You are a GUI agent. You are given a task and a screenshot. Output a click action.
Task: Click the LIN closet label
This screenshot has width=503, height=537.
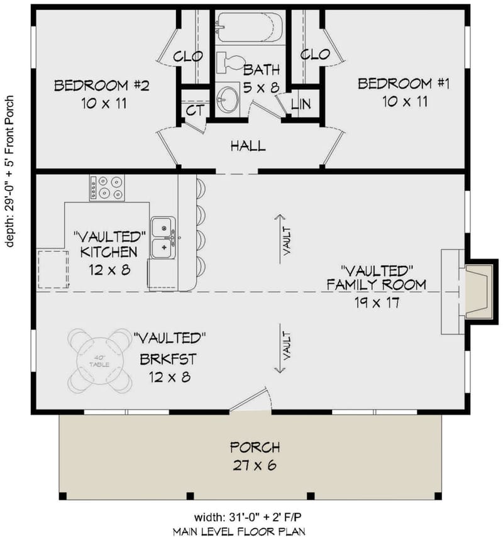[x=301, y=104]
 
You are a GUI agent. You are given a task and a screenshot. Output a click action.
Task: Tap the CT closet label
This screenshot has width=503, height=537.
[x=194, y=111]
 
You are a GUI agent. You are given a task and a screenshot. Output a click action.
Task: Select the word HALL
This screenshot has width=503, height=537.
[x=248, y=146]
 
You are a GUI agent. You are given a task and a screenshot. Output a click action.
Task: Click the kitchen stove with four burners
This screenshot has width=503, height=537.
[x=108, y=187]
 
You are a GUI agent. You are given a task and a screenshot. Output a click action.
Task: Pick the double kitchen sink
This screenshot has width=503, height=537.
[x=163, y=238]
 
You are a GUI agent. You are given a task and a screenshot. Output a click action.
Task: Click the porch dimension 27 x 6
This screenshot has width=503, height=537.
[x=255, y=466]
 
